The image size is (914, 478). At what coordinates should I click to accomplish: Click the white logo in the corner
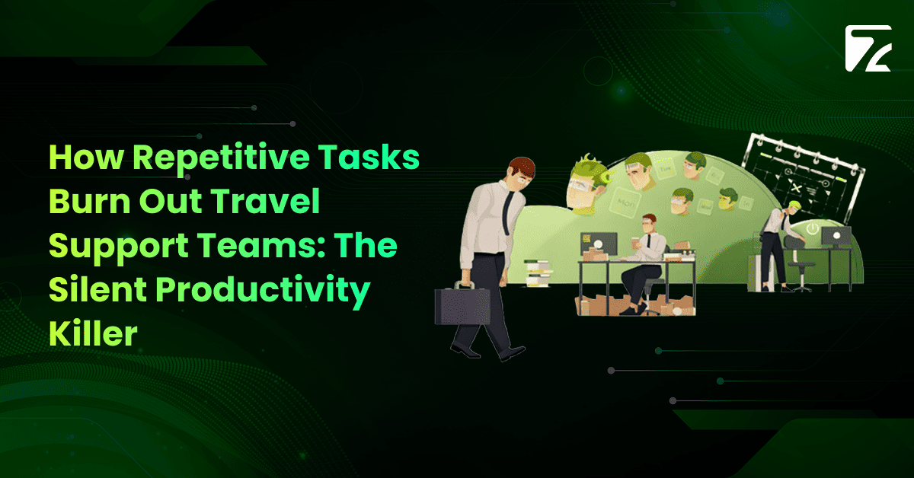tap(868, 49)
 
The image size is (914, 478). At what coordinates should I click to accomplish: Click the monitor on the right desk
tap(836, 237)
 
